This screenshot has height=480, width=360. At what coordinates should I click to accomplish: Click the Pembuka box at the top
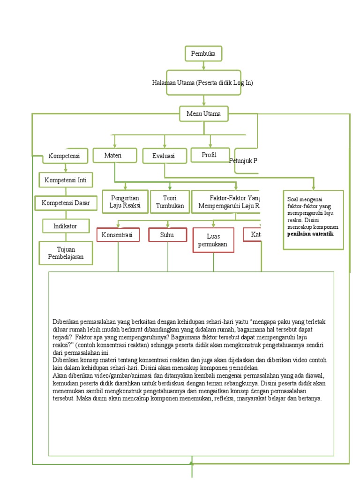click(203, 54)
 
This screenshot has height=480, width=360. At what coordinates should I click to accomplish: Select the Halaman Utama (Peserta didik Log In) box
click(203, 83)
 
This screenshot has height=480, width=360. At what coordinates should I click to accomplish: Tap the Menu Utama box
click(203, 113)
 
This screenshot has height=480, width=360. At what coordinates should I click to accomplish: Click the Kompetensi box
click(65, 156)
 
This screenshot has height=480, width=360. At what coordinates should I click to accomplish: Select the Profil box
click(209, 155)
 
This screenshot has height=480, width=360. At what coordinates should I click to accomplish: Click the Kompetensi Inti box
click(66, 180)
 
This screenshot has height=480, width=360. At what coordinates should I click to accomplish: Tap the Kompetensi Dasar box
click(66, 203)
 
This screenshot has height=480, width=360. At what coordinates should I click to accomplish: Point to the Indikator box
click(65, 226)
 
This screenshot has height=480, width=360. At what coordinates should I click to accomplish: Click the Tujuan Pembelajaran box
click(66, 253)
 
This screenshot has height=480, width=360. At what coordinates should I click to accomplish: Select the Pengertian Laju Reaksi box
click(125, 202)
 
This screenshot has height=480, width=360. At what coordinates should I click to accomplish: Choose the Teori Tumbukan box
click(170, 202)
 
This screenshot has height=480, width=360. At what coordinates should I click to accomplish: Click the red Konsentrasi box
click(118, 234)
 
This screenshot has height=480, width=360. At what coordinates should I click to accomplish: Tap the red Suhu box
click(167, 234)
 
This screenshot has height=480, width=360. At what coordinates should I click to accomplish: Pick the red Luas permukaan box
click(213, 240)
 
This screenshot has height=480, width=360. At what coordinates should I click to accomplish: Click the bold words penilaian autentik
click(310, 233)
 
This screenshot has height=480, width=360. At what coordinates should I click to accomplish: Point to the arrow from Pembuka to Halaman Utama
click(203, 66)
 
